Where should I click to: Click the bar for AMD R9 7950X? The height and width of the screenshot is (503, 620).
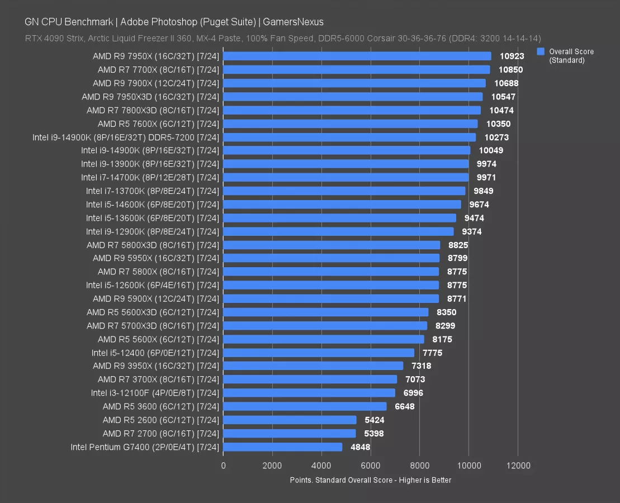(357, 56)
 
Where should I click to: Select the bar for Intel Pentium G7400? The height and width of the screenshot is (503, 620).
(282, 447)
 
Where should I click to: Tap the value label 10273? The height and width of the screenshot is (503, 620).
(496, 137)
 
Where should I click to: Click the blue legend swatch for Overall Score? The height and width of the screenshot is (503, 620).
(540, 51)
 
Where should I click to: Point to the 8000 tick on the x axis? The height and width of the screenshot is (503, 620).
(419, 465)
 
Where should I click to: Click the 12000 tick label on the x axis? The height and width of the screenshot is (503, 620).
(518, 465)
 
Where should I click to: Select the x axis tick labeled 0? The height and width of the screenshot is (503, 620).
(224, 465)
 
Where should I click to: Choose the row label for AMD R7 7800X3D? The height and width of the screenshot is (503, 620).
(153, 110)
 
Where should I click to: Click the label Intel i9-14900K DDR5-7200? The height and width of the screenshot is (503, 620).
(126, 137)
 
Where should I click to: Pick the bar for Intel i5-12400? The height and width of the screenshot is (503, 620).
(319, 353)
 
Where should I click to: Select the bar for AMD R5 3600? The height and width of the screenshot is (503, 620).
(305, 406)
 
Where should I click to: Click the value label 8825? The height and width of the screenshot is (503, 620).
(457, 245)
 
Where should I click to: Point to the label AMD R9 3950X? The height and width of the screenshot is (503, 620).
(156, 366)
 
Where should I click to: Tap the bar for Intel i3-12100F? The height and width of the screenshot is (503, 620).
(309, 393)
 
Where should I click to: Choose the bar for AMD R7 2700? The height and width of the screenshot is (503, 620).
(290, 433)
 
